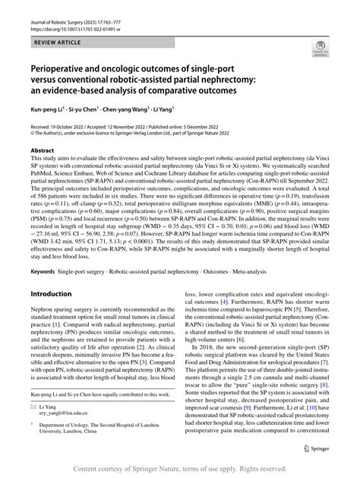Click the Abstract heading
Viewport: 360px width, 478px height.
coord(44,150)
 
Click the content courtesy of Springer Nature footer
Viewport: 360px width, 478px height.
coord(180,469)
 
